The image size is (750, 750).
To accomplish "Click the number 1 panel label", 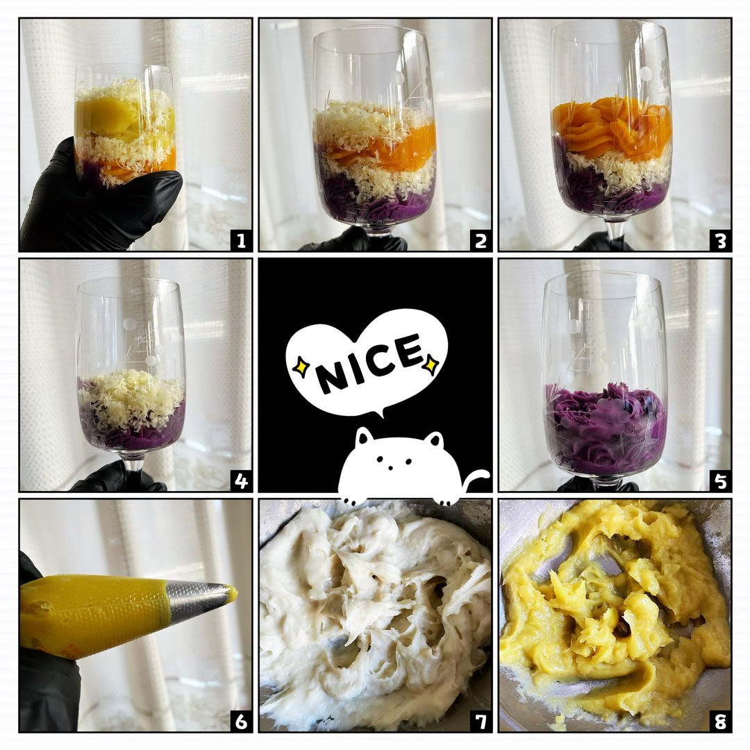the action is click(x=241, y=240).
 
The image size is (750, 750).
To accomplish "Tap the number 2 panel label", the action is click(x=481, y=240).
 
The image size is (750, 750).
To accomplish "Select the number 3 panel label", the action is click(x=721, y=240).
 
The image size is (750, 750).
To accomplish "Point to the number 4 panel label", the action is click(x=241, y=481).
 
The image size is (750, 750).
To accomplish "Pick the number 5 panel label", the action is click(x=721, y=481).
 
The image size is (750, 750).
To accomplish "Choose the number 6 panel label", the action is click(x=241, y=721).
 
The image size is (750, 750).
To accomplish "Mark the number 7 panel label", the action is click(x=481, y=721).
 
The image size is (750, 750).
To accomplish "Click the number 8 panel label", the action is click(x=721, y=721).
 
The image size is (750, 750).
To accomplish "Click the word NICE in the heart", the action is click(x=367, y=362).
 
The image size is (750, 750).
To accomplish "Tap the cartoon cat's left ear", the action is click(x=364, y=435).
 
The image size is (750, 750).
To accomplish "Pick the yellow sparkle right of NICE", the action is click(x=431, y=363).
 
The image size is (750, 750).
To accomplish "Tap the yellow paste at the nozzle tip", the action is click(x=232, y=593).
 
